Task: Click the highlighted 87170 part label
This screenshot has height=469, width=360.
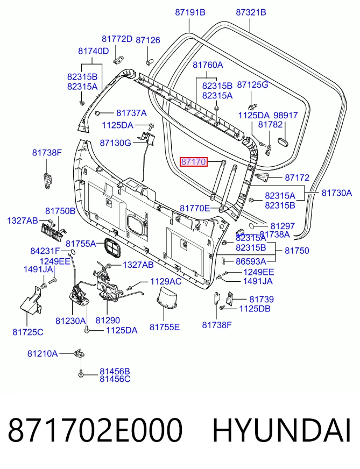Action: coord(193,162)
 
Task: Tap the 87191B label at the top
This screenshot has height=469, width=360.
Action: coord(190,12)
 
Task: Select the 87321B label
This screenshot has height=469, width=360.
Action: coord(251,12)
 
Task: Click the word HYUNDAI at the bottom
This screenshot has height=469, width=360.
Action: coord(281,430)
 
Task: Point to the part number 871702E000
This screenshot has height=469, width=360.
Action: coord(95,430)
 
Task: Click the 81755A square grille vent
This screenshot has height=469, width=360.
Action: coord(113,247)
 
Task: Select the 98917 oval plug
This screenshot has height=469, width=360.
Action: coord(284,143)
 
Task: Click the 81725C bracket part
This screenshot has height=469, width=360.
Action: coord(31,302)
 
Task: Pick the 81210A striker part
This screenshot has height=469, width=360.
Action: coord(79,353)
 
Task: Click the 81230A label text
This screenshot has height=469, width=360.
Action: coord(70,321)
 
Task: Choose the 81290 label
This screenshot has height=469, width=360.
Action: coord(108,321)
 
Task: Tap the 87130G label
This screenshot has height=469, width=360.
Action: coord(116,143)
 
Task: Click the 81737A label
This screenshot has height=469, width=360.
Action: coord(131,113)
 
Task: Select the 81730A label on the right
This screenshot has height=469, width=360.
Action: coord(337,193)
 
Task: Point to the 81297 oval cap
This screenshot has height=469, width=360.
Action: coord(253,226)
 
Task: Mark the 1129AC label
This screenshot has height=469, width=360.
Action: coord(166,281)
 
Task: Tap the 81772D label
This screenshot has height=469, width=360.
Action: coord(117,39)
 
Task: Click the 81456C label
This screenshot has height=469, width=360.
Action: coord(115,379)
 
